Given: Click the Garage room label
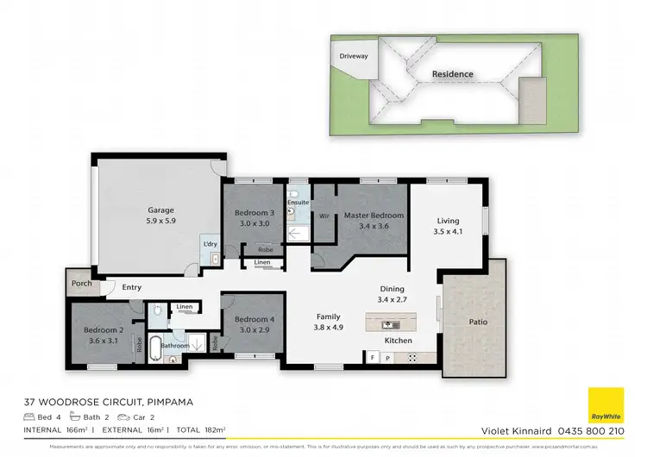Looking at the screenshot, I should click(160, 210).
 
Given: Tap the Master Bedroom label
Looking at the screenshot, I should click(374, 215).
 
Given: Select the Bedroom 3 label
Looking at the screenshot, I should click(254, 213).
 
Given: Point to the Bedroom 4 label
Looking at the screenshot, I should click(254, 320).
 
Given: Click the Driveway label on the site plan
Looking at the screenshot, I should click(353, 56).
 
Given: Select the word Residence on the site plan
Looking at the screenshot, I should click(453, 74).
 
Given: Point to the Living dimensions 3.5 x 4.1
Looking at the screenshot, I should click(448, 230).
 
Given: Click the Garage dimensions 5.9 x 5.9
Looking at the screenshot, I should click(160, 221).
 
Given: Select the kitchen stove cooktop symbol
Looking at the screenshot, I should click(411, 357).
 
